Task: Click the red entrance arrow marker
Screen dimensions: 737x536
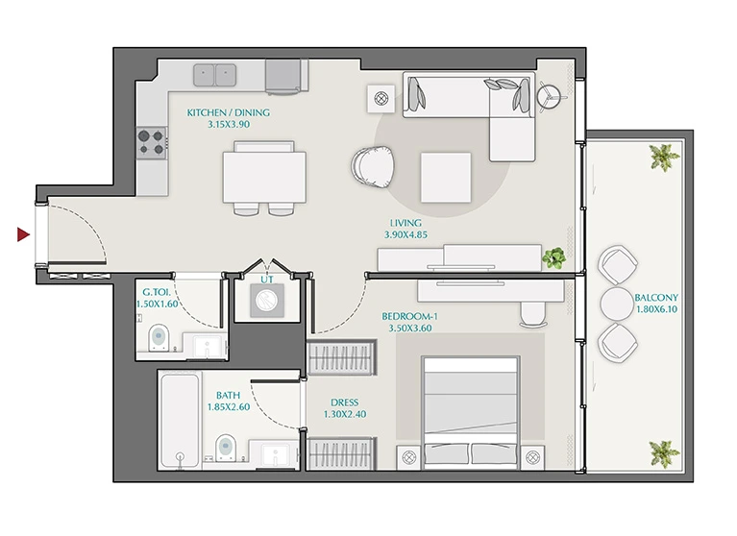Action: pyautogui.click(x=23, y=234)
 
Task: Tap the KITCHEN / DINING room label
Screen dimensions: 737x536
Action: pyautogui.click(x=229, y=112)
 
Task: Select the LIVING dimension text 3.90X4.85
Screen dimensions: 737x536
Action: pyautogui.click(x=405, y=235)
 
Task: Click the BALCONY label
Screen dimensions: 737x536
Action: pyautogui.click(x=656, y=298)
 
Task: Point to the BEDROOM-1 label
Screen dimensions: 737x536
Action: pyautogui.click(x=410, y=316)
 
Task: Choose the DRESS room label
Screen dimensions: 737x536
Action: pyautogui.click(x=345, y=402)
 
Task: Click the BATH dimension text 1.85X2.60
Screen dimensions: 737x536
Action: pyautogui.click(x=229, y=407)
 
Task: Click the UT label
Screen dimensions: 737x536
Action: pyautogui.click(x=267, y=280)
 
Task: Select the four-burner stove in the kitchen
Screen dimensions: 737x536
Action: pyautogui.click(x=152, y=143)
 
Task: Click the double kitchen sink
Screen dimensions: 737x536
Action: pyautogui.click(x=215, y=75)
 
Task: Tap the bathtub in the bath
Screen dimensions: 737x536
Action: pyautogui.click(x=180, y=421)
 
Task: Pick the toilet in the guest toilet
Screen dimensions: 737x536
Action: pyautogui.click(x=159, y=337)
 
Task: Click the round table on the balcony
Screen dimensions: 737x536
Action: pyautogui.click(x=617, y=304)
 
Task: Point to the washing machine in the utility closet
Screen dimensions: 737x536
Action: pyautogui.click(x=267, y=300)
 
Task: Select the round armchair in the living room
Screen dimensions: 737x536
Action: pyautogui.click(x=373, y=167)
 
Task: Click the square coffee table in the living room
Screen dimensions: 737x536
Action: pyautogui.click(x=446, y=178)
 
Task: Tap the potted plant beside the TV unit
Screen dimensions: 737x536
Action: pyautogui.click(x=554, y=257)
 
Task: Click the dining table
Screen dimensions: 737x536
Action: pyautogui.click(x=264, y=177)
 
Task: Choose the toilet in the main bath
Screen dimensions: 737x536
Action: pyautogui.click(x=226, y=448)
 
